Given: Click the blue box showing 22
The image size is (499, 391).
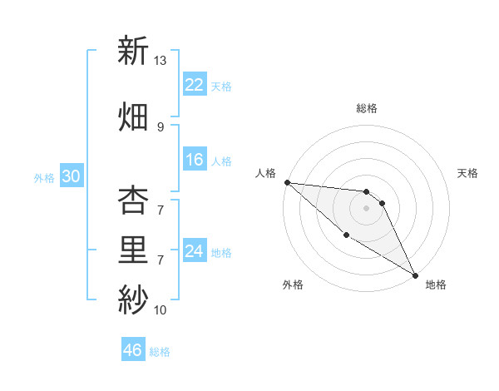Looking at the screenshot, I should click(x=195, y=85).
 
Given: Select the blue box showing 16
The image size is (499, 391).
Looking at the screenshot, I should click(x=195, y=160).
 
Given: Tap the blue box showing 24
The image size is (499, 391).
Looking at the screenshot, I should click(x=195, y=251).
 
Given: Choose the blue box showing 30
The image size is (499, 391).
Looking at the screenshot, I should click(x=71, y=177).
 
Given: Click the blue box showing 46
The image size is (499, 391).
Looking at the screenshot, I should click(x=133, y=350).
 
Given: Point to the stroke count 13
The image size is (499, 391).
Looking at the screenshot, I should click(x=160, y=61).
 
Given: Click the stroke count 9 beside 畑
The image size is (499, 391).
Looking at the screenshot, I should click(x=160, y=127).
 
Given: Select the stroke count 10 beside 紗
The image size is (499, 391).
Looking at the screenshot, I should click(x=160, y=310).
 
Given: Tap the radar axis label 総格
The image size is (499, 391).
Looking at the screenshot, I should click(x=367, y=108).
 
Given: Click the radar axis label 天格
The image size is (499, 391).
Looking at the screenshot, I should click(x=468, y=173).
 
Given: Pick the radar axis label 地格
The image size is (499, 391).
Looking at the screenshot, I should click(x=436, y=285).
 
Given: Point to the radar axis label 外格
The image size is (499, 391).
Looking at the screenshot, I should click(x=293, y=285).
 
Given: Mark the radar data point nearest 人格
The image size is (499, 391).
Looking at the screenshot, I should click(x=287, y=182).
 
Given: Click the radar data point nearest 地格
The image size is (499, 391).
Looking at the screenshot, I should click(x=414, y=275).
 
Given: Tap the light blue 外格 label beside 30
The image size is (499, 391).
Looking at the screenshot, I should click(x=44, y=178).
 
